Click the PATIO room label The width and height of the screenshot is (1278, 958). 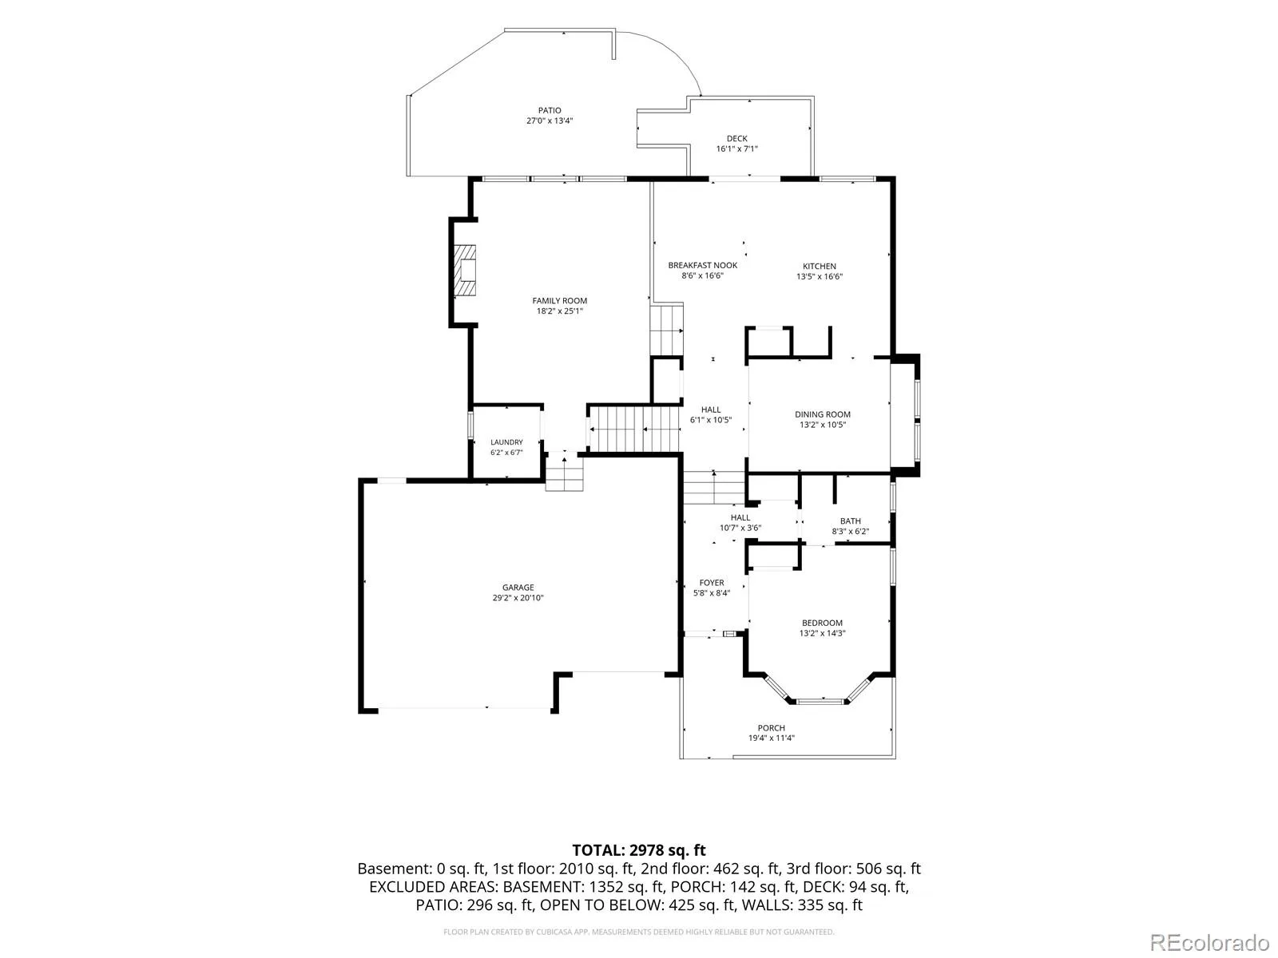[549, 110]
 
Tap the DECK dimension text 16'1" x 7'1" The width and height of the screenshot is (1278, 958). [736, 149]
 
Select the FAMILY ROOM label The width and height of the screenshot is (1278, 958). [560, 301]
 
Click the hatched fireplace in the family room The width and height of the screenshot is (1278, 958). [465, 271]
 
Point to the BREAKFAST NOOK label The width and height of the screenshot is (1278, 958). [702, 265]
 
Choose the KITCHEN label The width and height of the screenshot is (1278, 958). [820, 267]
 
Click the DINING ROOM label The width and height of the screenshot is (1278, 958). [822, 414]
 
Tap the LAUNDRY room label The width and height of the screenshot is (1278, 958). [506, 442]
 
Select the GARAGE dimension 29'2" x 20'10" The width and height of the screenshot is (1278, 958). [518, 598]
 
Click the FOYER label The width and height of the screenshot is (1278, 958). [712, 583]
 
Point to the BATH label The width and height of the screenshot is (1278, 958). [850, 521]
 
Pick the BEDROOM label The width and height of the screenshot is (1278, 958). [822, 623]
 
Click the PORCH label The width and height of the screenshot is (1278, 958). [771, 728]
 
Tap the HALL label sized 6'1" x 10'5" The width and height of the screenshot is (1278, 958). [711, 410]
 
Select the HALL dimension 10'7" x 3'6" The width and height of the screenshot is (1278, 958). [740, 528]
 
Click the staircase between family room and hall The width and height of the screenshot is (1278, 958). [634, 429]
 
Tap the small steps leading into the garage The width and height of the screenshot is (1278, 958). [564, 472]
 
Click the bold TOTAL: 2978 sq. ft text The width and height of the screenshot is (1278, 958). [639, 850]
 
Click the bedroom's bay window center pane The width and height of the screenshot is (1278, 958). [821, 702]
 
